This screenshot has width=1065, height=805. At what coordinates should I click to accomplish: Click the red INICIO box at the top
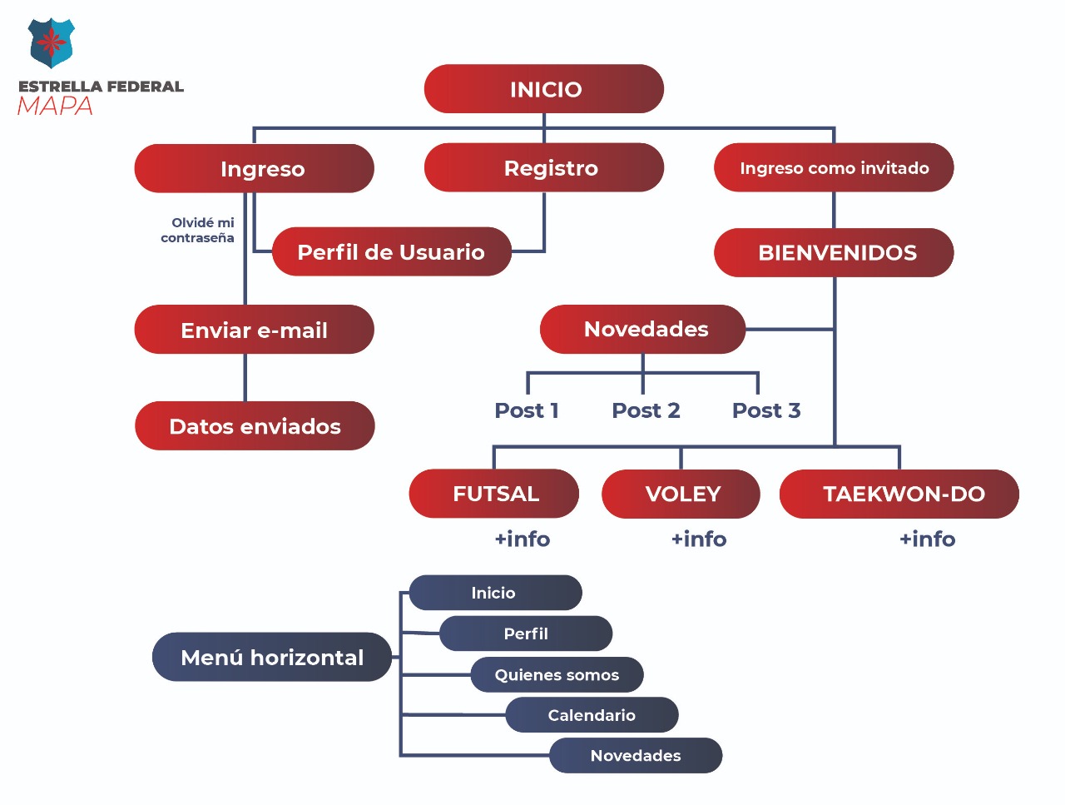pos(544,89)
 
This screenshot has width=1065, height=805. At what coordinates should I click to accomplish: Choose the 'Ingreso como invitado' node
pos(834,168)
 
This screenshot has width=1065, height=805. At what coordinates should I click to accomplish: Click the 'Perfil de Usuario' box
pos(391,252)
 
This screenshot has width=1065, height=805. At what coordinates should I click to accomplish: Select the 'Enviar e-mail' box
pos(255,330)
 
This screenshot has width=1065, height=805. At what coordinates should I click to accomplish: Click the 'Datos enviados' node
pos(255,426)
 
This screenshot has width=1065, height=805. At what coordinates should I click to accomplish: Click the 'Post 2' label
pos(646,410)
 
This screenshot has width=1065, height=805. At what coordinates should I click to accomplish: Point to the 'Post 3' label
pos(766,410)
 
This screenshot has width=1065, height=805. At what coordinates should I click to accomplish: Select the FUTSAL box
pos(494,494)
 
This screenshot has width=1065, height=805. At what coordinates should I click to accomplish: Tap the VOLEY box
pos(681,494)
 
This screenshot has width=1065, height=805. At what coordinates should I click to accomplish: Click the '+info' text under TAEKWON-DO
pos(927,539)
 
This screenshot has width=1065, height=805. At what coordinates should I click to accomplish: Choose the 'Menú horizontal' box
pos(272,658)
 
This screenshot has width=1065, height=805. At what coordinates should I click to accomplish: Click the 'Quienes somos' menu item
pos(557,675)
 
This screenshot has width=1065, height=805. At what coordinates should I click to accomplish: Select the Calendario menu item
pos(592,715)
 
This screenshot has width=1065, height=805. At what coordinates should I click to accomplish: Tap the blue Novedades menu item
pos(636,756)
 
